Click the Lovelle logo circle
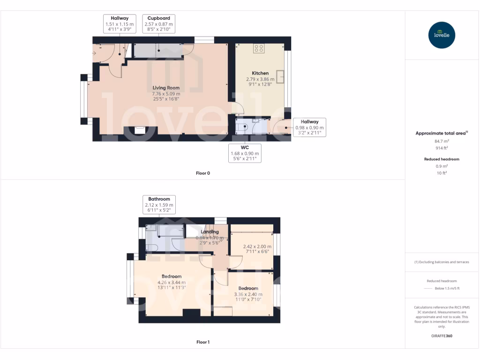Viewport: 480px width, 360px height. click(442, 35)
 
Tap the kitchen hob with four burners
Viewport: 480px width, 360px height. click(259, 48)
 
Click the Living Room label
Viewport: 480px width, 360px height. click(166, 88)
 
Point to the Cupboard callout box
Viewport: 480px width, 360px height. click(158, 24)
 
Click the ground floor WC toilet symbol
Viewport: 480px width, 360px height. click(242, 127)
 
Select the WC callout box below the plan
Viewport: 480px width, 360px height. click(244, 153)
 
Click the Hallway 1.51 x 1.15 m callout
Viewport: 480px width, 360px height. click(120, 24)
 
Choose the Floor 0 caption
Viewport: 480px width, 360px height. click(202, 173)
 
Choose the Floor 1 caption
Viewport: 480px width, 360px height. click(202, 342)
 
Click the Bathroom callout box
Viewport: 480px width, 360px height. click(159, 205)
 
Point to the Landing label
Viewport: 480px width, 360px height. click(210, 232)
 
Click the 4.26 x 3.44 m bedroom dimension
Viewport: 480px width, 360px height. click(172, 283)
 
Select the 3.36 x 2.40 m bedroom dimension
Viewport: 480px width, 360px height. click(248, 294)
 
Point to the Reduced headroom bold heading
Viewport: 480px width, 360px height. click(442, 159)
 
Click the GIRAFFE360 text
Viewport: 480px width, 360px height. click(442, 336)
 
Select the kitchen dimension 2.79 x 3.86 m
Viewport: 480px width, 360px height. click(260, 79)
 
